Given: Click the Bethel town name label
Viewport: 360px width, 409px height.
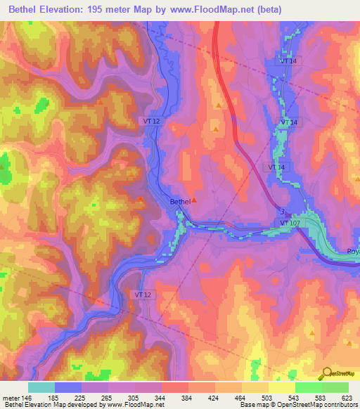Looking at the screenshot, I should [x=180, y=202].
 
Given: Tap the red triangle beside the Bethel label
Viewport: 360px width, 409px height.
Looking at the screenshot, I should [x=195, y=200].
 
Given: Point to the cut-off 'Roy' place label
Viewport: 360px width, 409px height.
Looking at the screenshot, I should [x=353, y=252].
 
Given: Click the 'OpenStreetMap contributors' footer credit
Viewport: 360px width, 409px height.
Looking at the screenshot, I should [x=317, y=405].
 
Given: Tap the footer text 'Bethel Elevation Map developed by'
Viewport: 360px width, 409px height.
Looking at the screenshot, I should [x=47, y=405].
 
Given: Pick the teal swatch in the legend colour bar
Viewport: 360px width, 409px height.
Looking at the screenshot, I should [x=41, y=387].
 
